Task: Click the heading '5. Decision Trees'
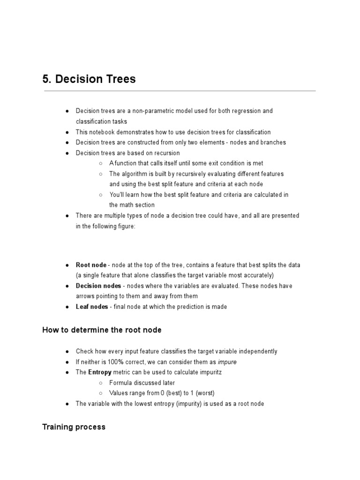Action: tap(89, 79)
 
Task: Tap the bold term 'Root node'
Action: tap(91, 265)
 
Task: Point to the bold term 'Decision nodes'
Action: tap(99, 286)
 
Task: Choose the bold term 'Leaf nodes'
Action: tap(92, 307)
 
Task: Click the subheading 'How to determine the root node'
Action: tap(102, 330)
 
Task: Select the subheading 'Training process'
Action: tap(74, 427)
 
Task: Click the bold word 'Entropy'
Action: tap(100, 372)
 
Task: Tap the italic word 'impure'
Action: tap(227, 362)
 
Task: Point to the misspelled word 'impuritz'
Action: tap(210, 372)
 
